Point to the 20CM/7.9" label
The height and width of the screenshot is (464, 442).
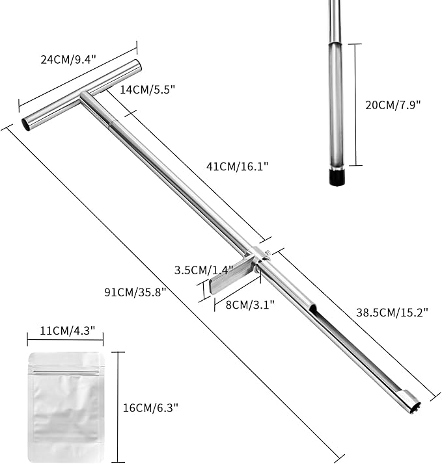pyautogui.click(x=393, y=105)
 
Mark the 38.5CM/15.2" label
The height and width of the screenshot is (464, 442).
pyautogui.click(x=393, y=312)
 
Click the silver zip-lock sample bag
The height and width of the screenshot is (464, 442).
pyautogui.click(x=65, y=406)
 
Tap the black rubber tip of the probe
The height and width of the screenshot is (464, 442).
pyautogui.click(x=335, y=177)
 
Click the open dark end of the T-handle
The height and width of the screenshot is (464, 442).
pyautogui.click(x=27, y=124)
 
